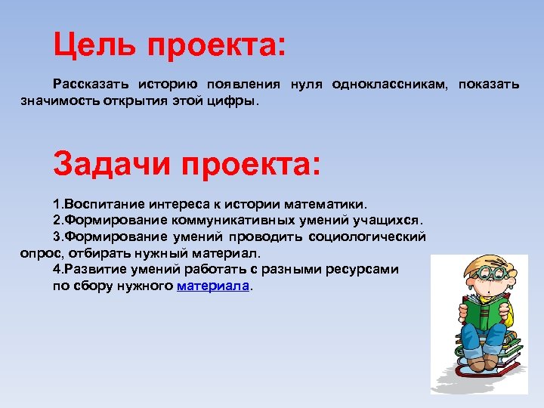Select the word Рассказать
point(88,84)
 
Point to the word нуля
point(304,84)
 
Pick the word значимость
point(57,100)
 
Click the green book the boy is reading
point(483,313)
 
